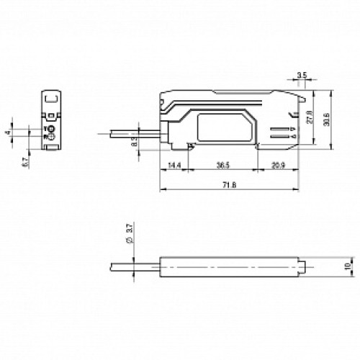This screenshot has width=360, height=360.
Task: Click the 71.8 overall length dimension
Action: pos(229,185)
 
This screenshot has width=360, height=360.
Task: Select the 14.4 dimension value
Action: pos(173,165)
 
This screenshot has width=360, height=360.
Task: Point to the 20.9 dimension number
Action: pos(277,165)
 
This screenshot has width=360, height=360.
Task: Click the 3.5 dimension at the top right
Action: pos(302,75)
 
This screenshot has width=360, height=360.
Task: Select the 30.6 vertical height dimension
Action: pos(328,119)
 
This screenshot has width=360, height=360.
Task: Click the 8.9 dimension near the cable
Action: pos(134,143)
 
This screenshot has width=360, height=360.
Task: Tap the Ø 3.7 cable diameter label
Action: pos(129,233)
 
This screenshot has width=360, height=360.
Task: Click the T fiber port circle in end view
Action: pos(52,129)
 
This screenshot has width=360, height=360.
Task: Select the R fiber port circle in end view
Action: pos(52,137)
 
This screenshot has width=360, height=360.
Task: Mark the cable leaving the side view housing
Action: pos(130,132)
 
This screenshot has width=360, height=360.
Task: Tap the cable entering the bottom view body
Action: pos(130,267)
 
